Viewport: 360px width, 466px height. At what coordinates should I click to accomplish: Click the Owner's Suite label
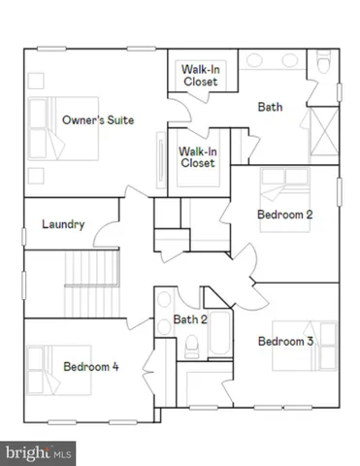point(98,119)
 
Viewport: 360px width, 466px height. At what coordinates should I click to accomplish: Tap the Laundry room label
point(63,224)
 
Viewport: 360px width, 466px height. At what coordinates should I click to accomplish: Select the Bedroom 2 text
point(284,214)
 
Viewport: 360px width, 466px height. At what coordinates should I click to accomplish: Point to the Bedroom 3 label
point(284,341)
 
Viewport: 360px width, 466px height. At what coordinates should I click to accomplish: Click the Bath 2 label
point(190,318)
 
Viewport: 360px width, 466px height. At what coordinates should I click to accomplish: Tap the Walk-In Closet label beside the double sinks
point(200,75)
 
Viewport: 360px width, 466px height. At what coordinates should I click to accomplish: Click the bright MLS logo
point(39,451)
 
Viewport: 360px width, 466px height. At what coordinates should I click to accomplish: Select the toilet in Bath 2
point(191,345)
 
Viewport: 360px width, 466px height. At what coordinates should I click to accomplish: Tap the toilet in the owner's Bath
point(322,68)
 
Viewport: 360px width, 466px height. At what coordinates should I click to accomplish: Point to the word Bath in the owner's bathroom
point(270,107)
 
